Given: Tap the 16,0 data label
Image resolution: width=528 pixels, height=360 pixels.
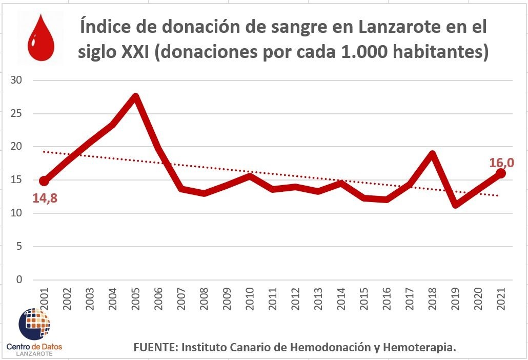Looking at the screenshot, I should [502, 163].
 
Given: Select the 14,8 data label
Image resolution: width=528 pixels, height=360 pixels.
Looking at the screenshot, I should [45, 198].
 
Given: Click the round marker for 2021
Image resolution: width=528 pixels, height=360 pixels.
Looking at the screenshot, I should [501, 173].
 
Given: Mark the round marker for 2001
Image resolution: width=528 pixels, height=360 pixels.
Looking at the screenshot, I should [44, 181].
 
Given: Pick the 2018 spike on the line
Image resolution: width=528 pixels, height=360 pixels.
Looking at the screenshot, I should [432, 154].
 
